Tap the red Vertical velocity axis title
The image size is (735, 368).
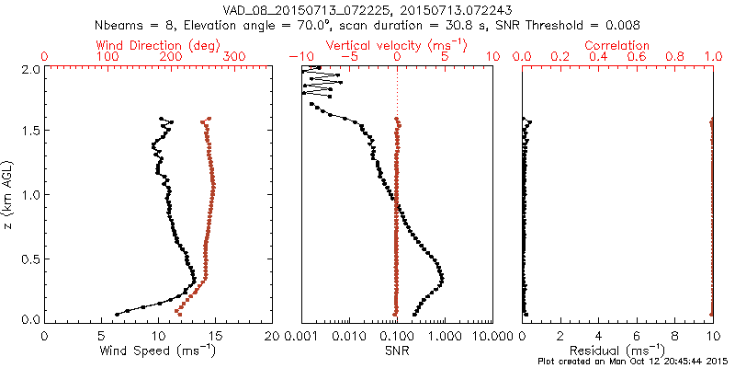coord(397,45)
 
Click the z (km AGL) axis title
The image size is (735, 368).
coord(9,193)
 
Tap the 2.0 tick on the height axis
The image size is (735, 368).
coord(30,69)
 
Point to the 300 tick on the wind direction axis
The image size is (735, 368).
coord(234,57)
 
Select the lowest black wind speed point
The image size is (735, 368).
coord(117,314)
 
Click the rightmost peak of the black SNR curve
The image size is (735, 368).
coord(442,278)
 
